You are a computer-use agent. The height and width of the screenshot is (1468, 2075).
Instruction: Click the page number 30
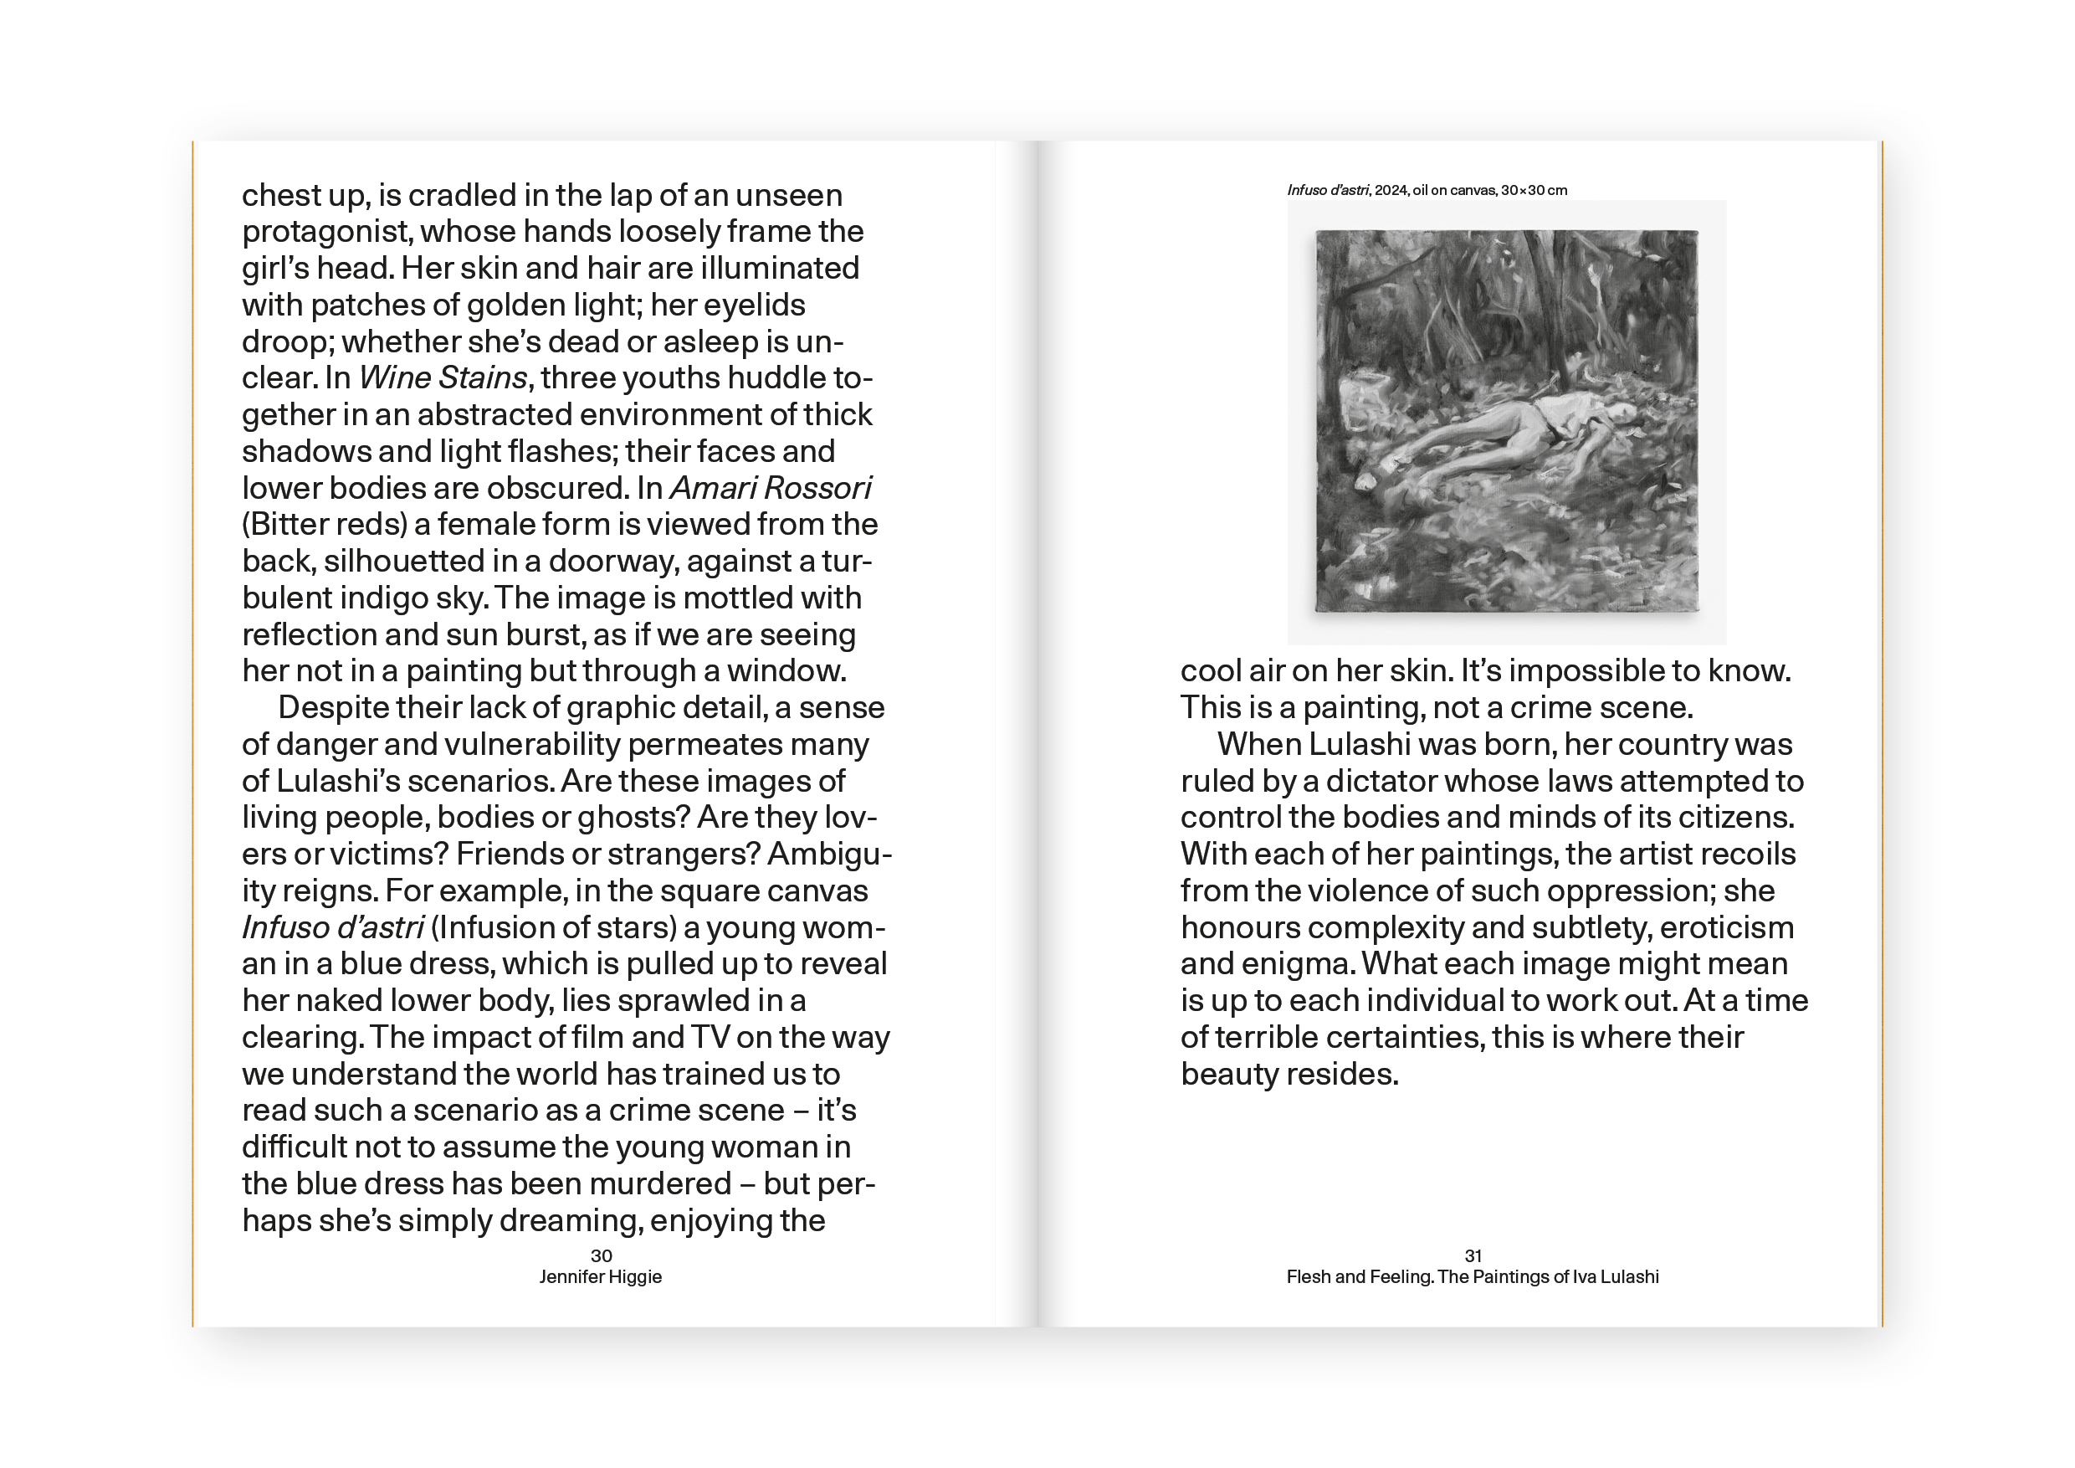(x=601, y=1255)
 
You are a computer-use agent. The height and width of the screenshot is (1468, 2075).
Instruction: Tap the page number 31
(x=1473, y=1255)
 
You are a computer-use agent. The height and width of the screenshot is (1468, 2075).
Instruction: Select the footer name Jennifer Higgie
(x=601, y=1276)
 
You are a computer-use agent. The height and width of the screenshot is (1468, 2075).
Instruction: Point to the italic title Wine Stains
(x=443, y=377)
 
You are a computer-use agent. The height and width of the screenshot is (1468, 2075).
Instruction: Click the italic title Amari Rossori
(x=770, y=488)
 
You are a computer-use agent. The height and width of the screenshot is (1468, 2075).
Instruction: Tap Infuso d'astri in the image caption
(x=1328, y=190)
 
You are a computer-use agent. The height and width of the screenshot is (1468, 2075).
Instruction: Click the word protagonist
(x=326, y=233)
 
